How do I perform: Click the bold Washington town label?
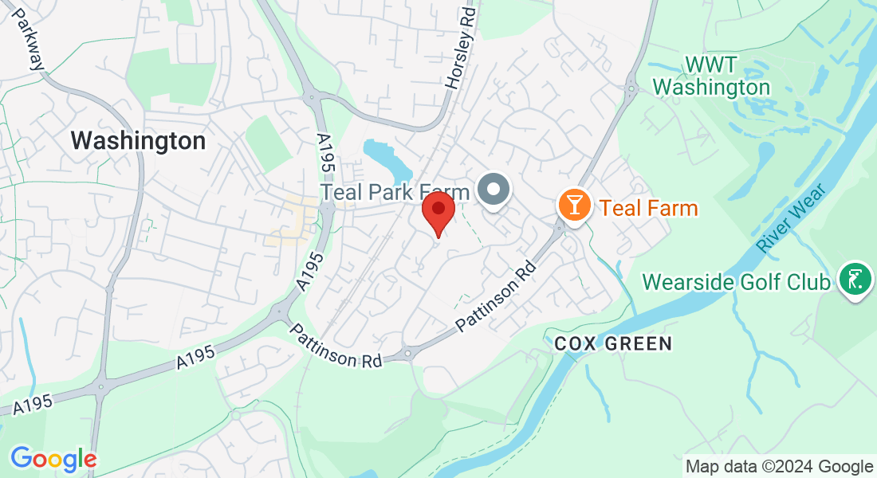coord(138,141)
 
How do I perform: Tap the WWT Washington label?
coord(712,75)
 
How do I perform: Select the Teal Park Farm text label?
coord(395,192)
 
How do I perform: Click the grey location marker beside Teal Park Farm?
coord(494,191)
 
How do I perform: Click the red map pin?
coord(438,211)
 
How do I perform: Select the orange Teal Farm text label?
coord(649,209)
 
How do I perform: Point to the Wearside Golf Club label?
coord(737,282)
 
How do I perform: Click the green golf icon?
coord(855,280)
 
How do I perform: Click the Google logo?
coord(53,459)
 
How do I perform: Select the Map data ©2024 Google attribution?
coord(780,467)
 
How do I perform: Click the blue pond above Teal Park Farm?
coord(387,159)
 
